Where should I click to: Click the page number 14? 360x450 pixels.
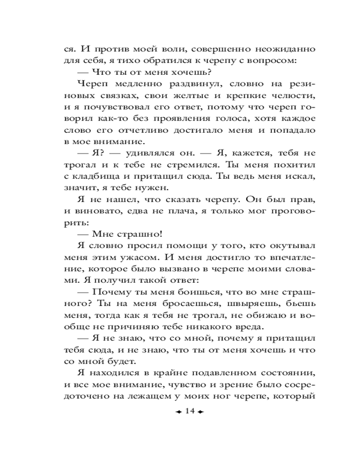[x=189, y=411]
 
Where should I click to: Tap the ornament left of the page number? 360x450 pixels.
[x=178, y=412]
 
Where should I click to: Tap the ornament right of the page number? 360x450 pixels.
[x=200, y=412]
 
